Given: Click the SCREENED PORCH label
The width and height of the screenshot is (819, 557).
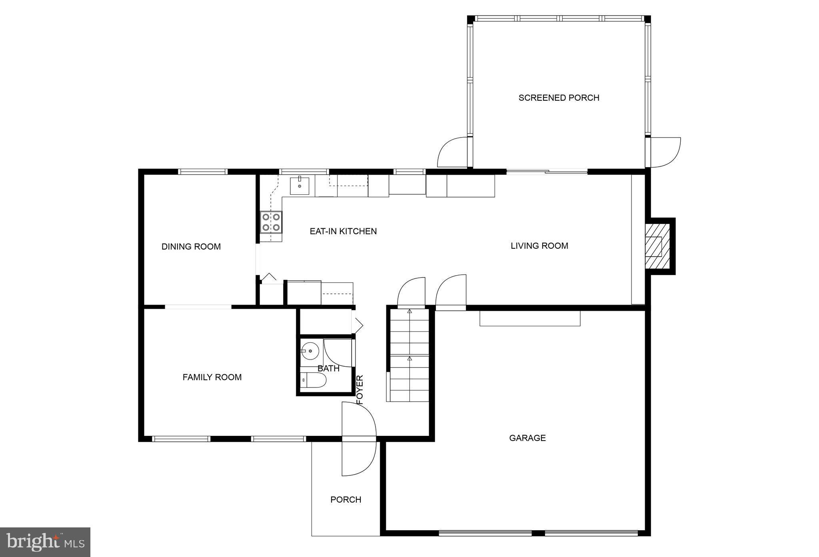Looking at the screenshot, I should pos(559,98).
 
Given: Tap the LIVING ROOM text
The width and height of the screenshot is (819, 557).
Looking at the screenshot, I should pos(539,246).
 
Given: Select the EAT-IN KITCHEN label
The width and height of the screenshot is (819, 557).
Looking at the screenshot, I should pos(343,231).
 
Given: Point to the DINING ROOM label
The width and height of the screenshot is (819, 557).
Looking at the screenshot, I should pos(191,246).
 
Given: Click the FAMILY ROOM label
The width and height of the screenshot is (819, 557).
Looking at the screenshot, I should pos(212,377).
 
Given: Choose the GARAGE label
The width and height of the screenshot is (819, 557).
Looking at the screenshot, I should pos(527,438).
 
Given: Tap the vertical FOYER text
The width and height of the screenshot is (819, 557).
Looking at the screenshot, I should pos(360,389).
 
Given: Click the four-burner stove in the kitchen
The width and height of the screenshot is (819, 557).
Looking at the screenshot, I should pos(271,223).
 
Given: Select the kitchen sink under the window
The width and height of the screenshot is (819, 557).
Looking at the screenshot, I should pos(300,186).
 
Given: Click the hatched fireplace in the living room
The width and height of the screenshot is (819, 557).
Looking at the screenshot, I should pos(657,246).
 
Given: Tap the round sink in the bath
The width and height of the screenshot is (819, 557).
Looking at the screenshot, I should pos(310,351).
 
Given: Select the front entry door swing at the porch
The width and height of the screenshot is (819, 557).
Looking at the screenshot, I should pos(358,439).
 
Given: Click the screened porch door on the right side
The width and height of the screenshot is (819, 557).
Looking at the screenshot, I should pos(664,152).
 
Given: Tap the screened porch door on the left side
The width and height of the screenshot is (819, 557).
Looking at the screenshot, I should pos(453,152).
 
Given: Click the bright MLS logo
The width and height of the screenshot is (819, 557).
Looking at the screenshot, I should pos(45,542).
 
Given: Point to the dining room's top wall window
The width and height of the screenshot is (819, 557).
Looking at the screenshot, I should pos(203,172).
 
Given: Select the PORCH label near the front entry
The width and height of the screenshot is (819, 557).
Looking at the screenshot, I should pos(346,499).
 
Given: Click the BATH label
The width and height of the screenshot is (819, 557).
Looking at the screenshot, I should pos(328,368).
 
